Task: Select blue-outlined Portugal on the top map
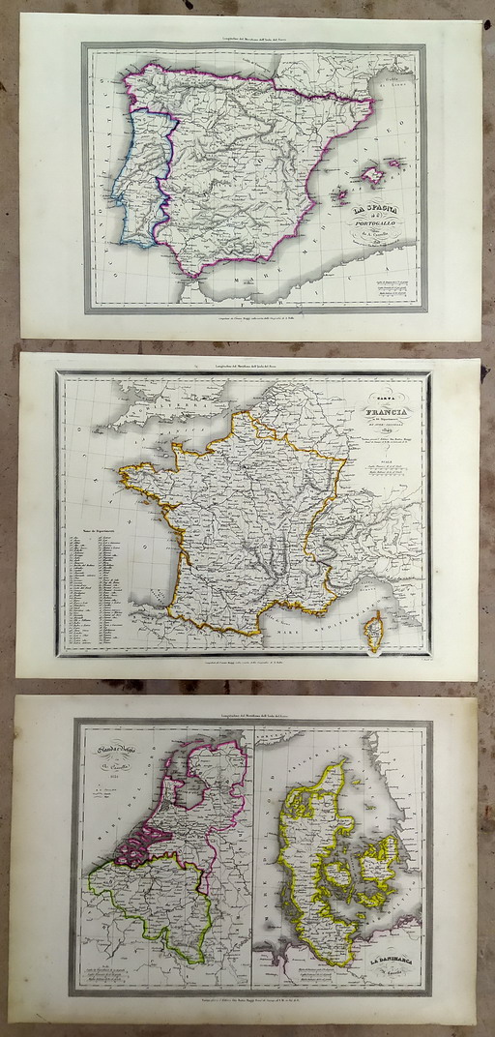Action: tap(140, 184)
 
